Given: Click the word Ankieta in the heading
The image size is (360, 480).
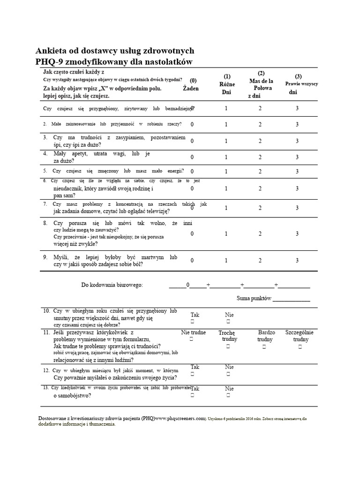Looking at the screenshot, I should (x=52, y=51).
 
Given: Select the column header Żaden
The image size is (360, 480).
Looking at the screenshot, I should (x=191, y=88).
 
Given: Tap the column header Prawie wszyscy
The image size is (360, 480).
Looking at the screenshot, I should (x=301, y=83).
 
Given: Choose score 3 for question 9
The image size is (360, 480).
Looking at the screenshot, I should (x=297, y=260).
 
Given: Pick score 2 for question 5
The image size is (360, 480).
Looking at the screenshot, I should (x=261, y=171).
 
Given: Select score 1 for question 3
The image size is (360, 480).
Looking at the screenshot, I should (x=226, y=141).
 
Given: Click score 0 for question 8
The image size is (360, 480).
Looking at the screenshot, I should (x=192, y=233).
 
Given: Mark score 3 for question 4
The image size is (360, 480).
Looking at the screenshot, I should (x=297, y=157).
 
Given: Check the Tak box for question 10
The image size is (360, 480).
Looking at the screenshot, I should (x=192, y=322).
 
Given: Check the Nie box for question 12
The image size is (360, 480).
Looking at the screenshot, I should (x=228, y=375).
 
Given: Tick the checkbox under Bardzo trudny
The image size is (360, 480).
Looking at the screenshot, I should (x=264, y=346).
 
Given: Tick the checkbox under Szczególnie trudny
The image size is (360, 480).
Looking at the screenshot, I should (x=300, y=346).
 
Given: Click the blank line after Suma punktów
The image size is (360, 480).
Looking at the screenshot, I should (x=291, y=299).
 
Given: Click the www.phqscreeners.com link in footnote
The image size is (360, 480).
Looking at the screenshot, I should (x=180, y=418).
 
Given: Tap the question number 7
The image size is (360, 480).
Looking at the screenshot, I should (x=45, y=204).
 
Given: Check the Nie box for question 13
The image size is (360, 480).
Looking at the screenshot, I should (x=228, y=396).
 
